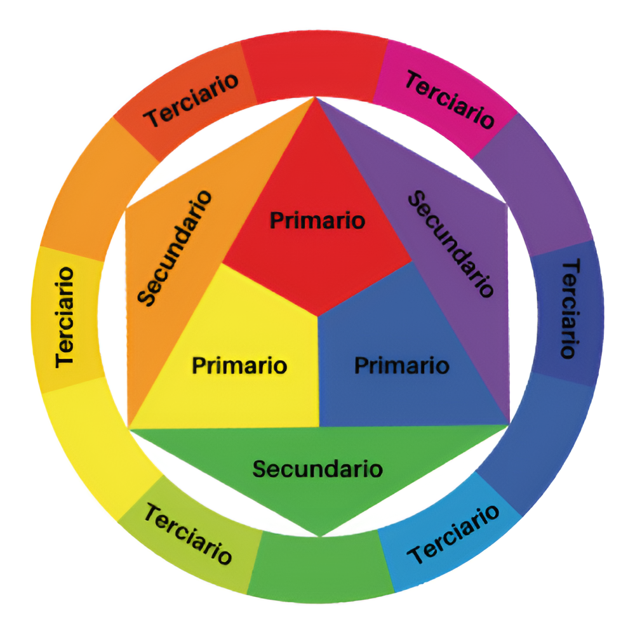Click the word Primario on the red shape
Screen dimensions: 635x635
click(317, 221)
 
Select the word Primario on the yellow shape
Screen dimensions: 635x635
click(239, 366)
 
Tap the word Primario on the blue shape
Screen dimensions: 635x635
click(401, 366)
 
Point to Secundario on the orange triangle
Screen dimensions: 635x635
click(175, 248)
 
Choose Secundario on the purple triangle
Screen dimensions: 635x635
click(450, 244)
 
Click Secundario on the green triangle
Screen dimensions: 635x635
click(317, 469)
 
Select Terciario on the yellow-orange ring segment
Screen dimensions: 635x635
click(65, 317)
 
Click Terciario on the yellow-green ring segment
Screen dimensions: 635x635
click(187, 533)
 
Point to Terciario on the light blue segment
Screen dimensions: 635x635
click(452, 533)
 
